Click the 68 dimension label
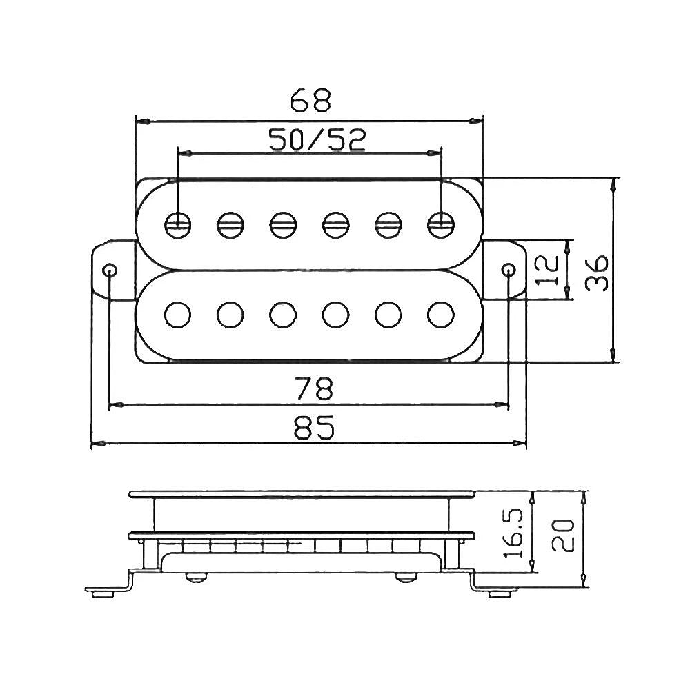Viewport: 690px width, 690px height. pos(310,101)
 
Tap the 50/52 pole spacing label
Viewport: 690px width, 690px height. pos(317,140)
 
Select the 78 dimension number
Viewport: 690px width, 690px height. pos(314,388)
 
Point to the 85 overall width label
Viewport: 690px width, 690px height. pos(314,427)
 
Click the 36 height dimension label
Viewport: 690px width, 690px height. pos(597,273)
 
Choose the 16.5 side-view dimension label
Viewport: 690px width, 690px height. pos(513,533)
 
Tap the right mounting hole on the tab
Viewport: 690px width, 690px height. pos(509,269)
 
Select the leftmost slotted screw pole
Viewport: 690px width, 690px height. pos(178,225)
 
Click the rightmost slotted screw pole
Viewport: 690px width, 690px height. pos(440,225)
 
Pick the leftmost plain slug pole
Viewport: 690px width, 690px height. pos(178,315)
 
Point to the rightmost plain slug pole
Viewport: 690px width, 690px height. pos(440,315)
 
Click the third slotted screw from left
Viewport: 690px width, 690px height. pos(283,225)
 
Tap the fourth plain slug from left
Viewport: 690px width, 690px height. pos(336,315)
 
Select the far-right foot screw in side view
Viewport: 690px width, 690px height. pos(500,593)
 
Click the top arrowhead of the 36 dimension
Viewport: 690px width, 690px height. pos(613,185)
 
